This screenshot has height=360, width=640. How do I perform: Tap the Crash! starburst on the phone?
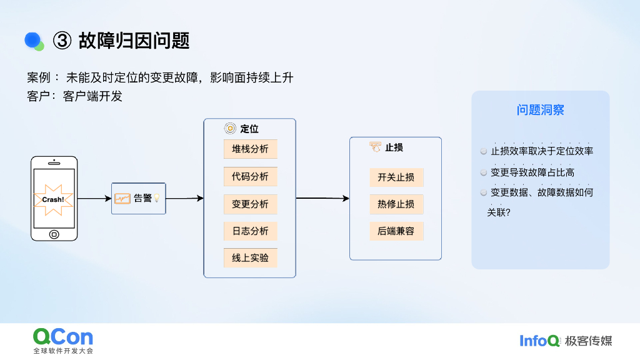(x=53, y=199)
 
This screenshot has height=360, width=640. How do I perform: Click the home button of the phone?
(x=54, y=234)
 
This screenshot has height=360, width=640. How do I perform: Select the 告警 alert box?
(x=139, y=199)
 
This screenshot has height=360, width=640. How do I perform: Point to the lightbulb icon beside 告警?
(x=157, y=198)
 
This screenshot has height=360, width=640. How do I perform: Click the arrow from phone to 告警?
(x=94, y=199)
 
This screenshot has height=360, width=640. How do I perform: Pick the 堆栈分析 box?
(x=250, y=149)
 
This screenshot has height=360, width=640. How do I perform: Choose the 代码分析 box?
(x=250, y=177)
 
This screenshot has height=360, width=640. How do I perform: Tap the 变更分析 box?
(x=250, y=204)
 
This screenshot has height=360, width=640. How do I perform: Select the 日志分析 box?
(x=250, y=231)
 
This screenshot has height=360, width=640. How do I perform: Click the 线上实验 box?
(x=250, y=258)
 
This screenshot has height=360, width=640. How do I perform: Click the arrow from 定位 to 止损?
(x=322, y=198)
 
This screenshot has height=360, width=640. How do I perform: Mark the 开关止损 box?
(x=396, y=177)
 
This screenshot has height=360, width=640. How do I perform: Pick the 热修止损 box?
(x=396, y=204)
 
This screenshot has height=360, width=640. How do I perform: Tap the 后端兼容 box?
(x=396, y=231)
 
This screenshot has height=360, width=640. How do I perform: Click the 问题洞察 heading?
(x=540, y=111)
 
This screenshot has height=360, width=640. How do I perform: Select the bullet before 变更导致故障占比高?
(x=484, y=172)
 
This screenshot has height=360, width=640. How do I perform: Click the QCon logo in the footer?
(x=63, y=337)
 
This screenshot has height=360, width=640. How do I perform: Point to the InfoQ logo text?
(x=539, y=341)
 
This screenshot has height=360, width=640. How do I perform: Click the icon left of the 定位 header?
(x=230, y=129)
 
